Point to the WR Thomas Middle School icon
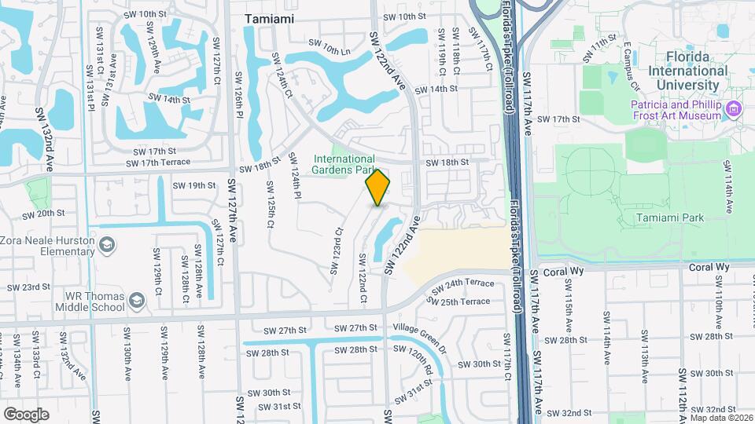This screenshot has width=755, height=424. [137, 301]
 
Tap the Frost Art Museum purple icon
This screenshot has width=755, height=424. [735, 109]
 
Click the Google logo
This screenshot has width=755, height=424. [26, 414]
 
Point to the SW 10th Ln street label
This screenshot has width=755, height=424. [329, 47]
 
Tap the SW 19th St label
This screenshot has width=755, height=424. [193, 185]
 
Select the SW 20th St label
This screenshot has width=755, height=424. [43, 214]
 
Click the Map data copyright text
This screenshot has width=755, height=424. [720, 417]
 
